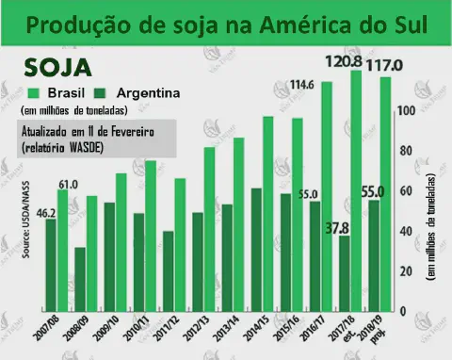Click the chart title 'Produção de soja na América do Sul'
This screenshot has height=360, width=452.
click(x=225, y=26)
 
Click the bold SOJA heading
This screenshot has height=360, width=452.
click(x=58, y=69)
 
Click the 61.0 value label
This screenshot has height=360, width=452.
click(x=68, y=184)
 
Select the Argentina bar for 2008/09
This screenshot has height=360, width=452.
click(x=81, y=279)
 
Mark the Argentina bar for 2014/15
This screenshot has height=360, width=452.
click(x=257, y=249)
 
